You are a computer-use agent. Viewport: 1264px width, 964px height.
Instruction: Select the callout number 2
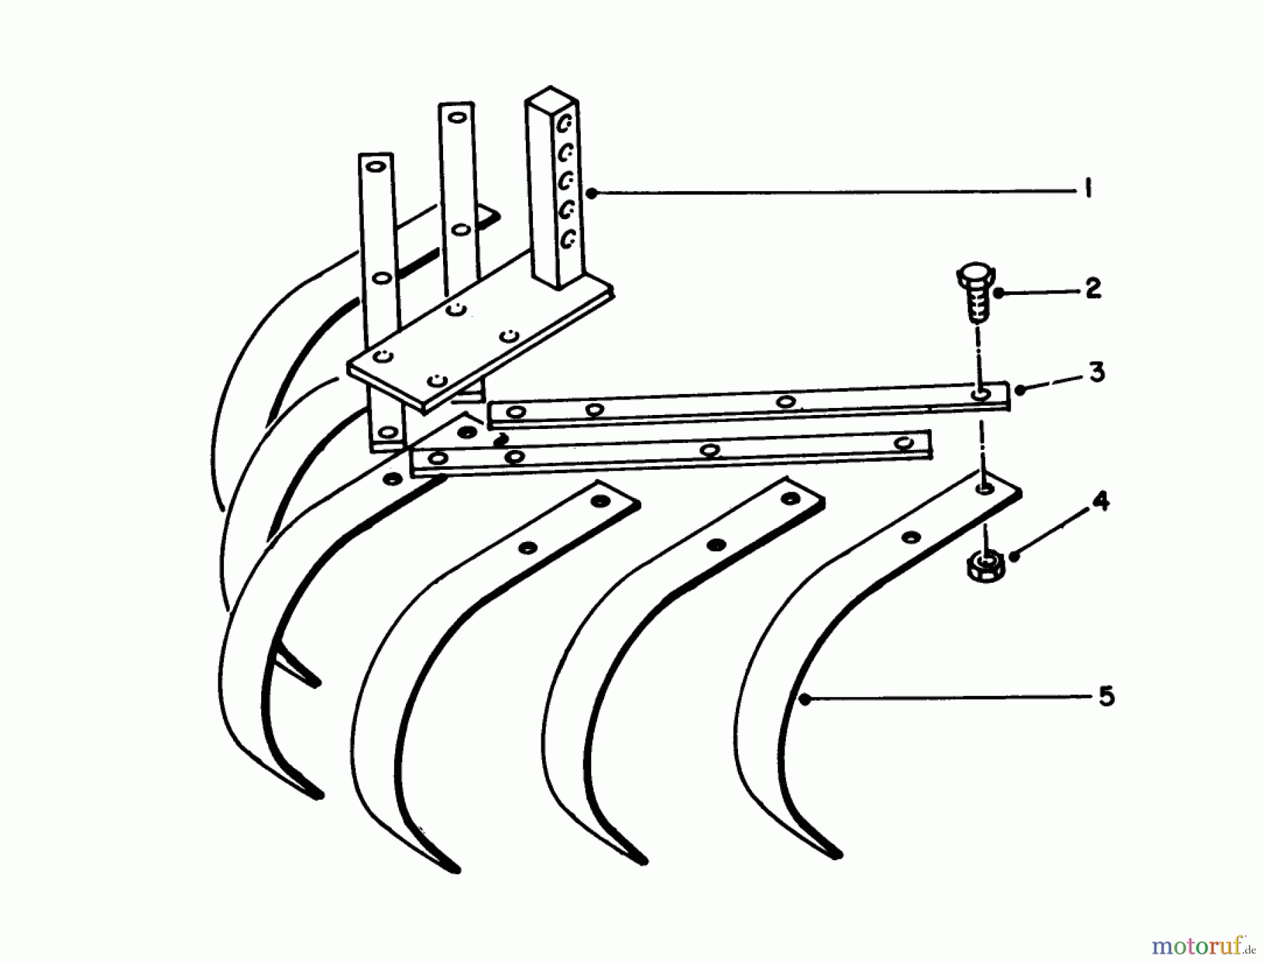(1093, 288)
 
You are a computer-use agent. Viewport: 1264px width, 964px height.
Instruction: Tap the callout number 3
(1097, 371)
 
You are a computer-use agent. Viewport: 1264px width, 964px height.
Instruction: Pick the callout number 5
(1106, 696)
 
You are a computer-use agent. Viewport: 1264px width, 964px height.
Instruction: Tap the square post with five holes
(554, 188)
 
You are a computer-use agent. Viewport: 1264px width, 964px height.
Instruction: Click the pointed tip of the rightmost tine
(837, 854)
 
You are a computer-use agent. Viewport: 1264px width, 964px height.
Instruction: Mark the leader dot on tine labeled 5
(805, 699)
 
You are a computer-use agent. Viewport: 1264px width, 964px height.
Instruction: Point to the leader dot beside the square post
(591, 192)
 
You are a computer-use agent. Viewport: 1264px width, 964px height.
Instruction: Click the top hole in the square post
(565, 125)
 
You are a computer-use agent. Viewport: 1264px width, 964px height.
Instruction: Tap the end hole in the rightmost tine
(983, 487)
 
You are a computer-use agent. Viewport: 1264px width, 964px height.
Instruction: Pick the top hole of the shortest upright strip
(375, 167)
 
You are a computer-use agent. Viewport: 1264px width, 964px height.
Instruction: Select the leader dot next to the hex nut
(1013, 555)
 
